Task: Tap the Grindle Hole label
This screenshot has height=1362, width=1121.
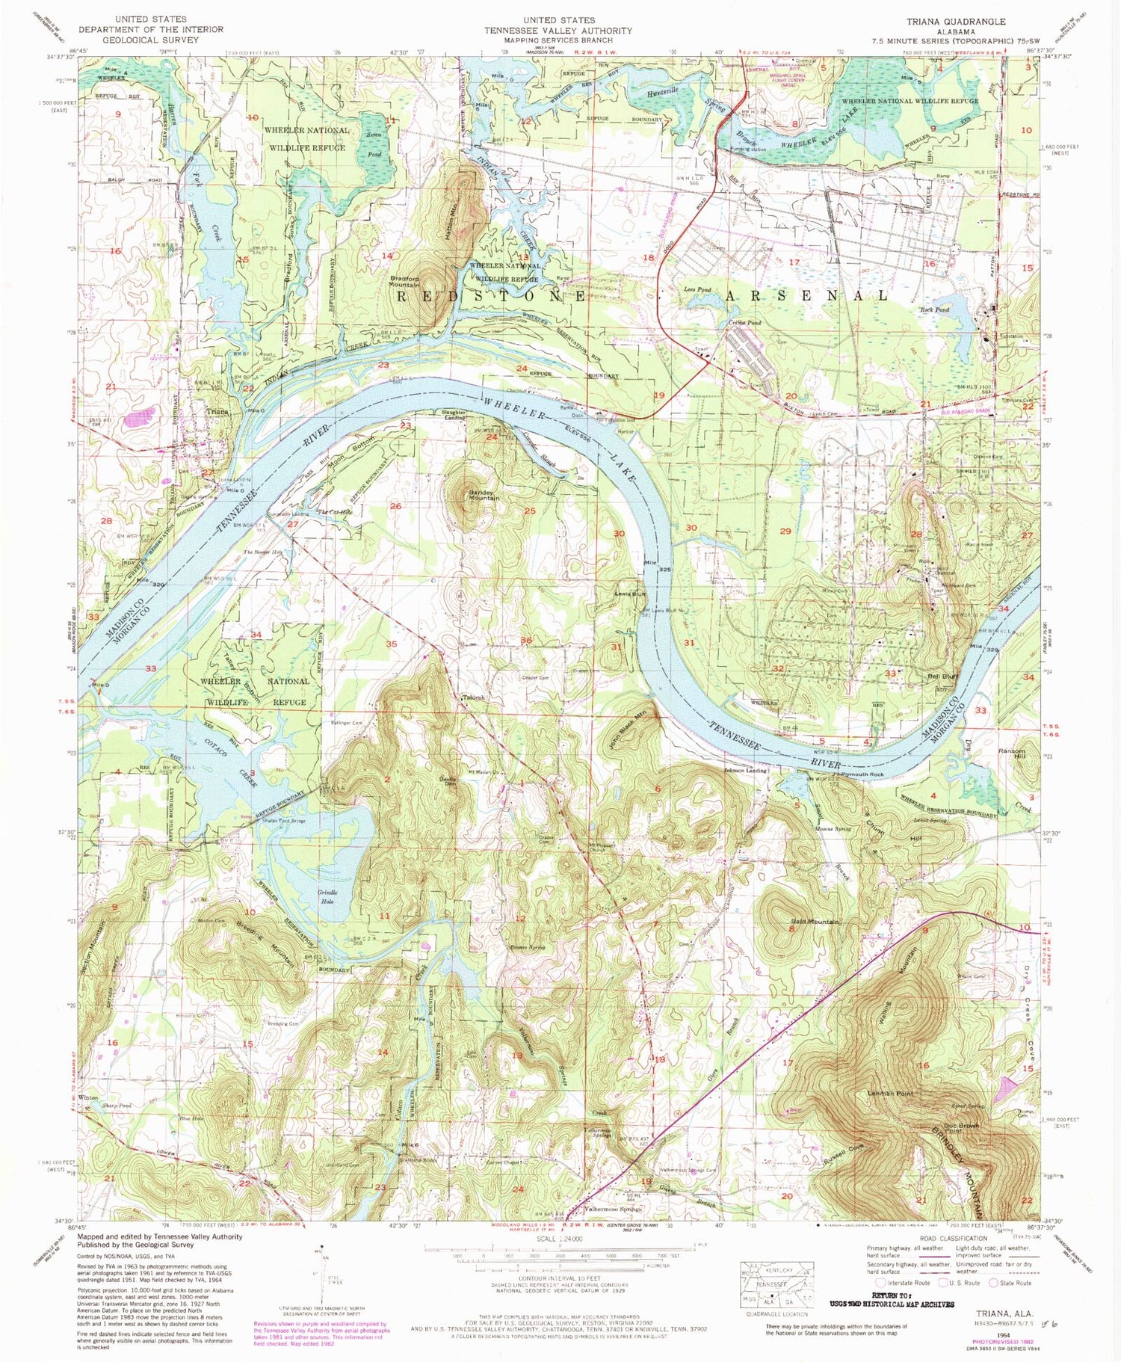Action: [328, 896]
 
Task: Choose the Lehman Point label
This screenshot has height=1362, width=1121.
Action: [890, 1093]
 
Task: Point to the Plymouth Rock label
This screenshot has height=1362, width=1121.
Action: [862, 775]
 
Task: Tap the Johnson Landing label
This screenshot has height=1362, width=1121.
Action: [746, 770]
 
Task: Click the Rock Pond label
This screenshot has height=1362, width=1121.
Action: [934, 309]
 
